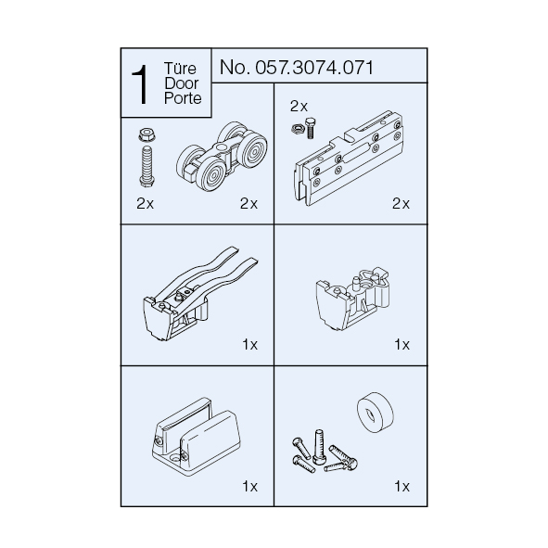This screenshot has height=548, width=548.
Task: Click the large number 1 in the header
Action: coord(140,84)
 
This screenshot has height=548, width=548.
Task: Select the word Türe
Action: coord(180,68)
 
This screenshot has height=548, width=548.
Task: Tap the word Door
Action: coord(182,83)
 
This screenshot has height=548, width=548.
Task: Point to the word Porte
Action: coord(183,98)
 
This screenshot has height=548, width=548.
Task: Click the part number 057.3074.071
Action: coord(314,67)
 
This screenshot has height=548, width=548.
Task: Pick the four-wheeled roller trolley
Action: coord(222,156)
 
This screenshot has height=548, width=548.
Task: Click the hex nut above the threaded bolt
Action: coord(147,134)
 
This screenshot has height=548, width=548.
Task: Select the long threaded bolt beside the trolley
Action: coord(147,166)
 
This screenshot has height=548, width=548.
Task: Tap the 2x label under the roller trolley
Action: coord(249,203)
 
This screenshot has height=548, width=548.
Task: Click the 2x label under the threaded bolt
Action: coord(145,203)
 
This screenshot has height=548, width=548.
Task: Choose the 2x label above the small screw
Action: coord(299,107)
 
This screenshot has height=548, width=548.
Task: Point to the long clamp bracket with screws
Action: coord(348,158)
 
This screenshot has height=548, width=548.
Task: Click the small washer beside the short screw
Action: coord(297,129)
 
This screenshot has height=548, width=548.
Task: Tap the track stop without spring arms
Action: coord(352,299)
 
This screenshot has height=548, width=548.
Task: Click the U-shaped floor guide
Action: coord(196,437)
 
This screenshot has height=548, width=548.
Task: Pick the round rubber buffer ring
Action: coord(376,413)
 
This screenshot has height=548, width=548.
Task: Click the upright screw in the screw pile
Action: coord(319,447)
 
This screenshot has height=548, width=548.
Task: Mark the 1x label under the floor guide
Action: coord(249,486)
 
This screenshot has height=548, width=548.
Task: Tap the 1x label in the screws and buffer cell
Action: coord(401,486)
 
